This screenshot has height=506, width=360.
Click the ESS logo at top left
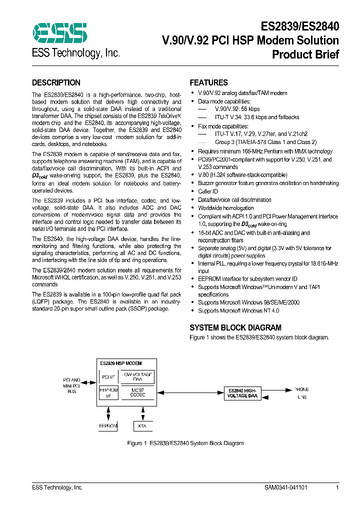59,33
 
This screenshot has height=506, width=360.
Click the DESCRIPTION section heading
56,83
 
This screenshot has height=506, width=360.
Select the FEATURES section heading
208,83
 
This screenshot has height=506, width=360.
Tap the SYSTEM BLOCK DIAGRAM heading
235,328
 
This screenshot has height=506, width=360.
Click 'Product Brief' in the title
305,54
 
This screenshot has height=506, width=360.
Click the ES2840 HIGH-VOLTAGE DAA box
243,393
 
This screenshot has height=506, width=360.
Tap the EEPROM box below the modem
108,426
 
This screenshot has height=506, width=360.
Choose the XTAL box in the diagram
143,426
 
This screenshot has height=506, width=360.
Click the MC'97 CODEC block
137,392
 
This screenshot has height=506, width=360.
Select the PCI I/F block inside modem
108,377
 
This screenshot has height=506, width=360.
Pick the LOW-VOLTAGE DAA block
137,377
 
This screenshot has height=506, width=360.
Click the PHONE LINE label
301,392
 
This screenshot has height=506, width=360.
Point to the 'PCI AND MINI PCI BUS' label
72,386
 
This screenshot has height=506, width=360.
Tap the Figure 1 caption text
185,443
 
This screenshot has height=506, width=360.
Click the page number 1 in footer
337,487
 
